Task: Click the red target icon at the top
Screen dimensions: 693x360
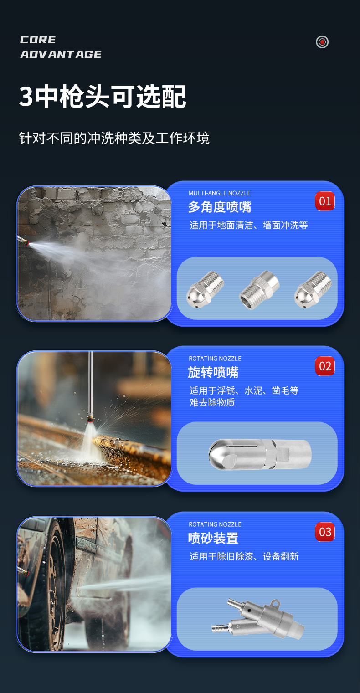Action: pyautogui.click(x=322, y=42)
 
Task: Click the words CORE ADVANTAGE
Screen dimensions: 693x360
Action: pyautogui.click(x=61, y=47)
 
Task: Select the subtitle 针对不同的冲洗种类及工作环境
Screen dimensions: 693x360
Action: pyautogui.click(x=114, y=138)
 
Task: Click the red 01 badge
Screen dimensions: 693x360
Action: pyautogui.click(x=325, y=201)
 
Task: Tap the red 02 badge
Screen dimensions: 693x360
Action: pyautogui.click(x=325, y=366)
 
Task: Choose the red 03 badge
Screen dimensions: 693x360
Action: pyautogui.click(x=325, y=532)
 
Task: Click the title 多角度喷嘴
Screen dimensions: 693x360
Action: pyautogui.click(x=220, y=207)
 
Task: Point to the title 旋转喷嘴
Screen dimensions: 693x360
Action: pyautogui.click(x=213, y=372)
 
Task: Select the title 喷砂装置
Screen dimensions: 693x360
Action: pyautogui.click(x=213, y=538)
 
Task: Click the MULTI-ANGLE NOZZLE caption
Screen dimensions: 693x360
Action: pyautogui.click(x=220, y=193)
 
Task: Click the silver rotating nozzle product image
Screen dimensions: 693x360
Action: pyautogui.click(x=260, y=454)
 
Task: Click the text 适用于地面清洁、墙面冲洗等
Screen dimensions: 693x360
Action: pyautogui.click(x=249, y=225)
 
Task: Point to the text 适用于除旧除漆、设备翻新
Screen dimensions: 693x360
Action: pyautogui.click(x=244, y=556)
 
